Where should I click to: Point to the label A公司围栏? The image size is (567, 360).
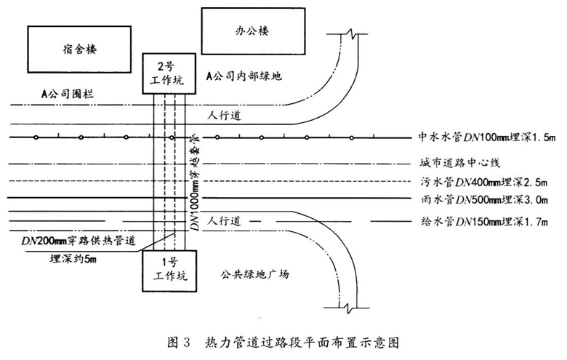68,95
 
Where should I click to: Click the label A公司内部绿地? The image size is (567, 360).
244,76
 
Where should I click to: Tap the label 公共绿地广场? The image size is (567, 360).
254,274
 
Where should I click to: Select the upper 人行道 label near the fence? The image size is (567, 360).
224,116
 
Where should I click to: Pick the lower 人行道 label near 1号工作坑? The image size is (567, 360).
224,220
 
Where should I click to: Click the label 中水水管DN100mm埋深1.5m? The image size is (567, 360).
487,137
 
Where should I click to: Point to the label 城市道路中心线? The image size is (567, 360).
460,163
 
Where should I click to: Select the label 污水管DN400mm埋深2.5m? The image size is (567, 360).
484,182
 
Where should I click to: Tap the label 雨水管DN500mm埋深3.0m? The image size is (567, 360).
484,199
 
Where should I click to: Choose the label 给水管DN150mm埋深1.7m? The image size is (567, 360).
484,221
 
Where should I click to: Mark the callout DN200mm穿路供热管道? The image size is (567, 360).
79,241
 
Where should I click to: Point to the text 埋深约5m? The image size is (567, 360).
73,259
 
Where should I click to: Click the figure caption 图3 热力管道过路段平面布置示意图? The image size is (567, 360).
283,342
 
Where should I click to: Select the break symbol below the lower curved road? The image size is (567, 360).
347,308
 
